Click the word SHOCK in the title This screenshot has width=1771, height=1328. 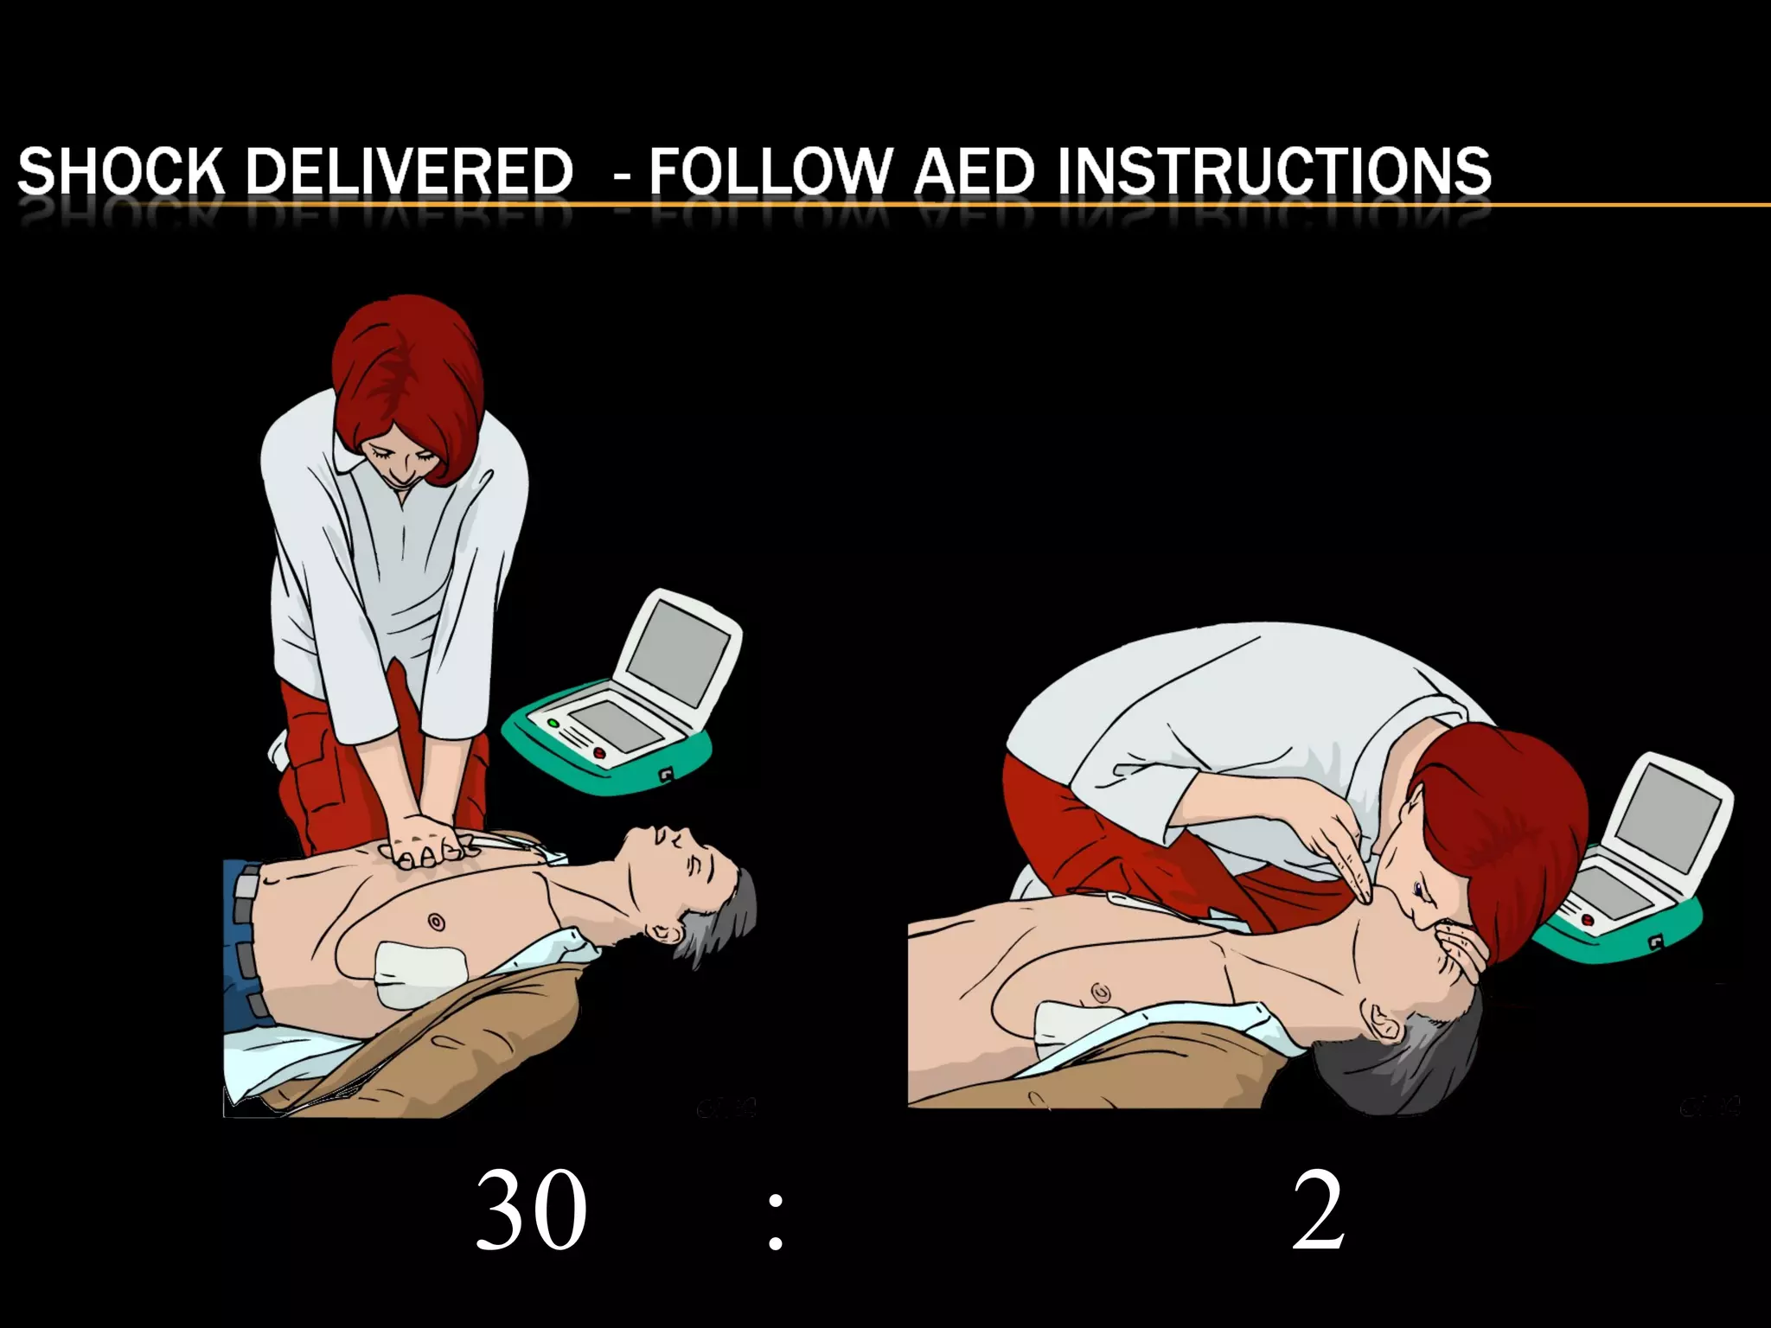(x=120, y=170)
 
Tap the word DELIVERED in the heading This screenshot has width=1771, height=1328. (x=410, y=170)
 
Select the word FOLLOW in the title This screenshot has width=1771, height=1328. (x=770, y=170)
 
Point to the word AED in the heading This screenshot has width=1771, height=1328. (x=974, y=170)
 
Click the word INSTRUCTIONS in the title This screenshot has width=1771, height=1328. (x=1275, y=170)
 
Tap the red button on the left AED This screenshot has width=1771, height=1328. (x=600, y=754)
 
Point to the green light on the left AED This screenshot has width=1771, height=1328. (x=553, y=723)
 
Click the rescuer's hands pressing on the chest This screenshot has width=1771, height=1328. (x=428, y=842)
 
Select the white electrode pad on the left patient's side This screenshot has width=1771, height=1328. (x=421, y=974)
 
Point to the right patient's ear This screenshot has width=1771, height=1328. (x=1381, y=1023)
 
